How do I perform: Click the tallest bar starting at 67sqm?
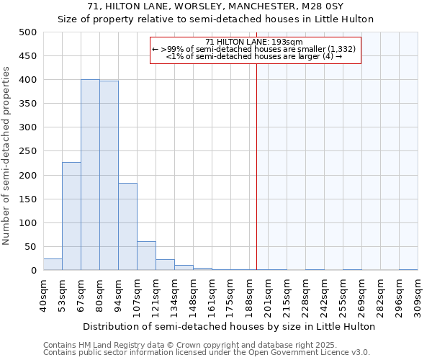click(90, 175)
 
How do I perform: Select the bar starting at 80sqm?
click(109, 176)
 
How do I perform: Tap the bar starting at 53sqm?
click(71, 216)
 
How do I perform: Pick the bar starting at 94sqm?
click(127, 227)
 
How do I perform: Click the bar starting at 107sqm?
click(146, 256)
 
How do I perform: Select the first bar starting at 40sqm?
click(53, 264)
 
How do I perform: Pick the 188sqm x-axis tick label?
click(250, 293)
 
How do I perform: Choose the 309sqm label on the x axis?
click(418, 293)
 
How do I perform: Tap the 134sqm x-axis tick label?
click(175, 293)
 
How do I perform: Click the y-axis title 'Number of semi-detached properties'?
click(6, 156)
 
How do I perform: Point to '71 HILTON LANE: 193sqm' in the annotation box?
click(255, 42)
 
